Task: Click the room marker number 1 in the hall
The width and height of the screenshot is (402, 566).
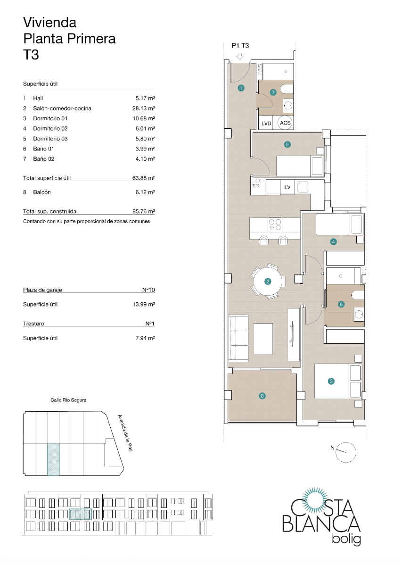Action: point(241,88)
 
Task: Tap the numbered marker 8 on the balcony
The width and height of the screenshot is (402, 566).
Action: point(262,396)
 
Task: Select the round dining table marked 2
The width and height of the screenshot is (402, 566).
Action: point(268,282)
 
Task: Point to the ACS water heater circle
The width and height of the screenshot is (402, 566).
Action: point(285,123)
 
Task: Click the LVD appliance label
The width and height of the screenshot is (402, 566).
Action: point(266,123)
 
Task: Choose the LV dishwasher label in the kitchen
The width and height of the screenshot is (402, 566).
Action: point(287,187)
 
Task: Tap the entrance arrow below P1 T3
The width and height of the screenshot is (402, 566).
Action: point(240,57)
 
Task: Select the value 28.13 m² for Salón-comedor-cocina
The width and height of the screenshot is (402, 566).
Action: point(144,108)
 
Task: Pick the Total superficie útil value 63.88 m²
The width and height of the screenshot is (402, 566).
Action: point(144,178)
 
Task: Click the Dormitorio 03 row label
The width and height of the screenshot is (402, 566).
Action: point(50,139)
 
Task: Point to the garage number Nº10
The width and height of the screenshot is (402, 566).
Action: point(148,290)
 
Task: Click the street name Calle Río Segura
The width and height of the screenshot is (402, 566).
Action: point(68,400)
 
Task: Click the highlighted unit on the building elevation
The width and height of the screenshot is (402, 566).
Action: point(80,514)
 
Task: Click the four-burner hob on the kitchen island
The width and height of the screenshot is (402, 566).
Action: point(275,224)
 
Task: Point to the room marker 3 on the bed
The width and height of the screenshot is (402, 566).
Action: point(331,381)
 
